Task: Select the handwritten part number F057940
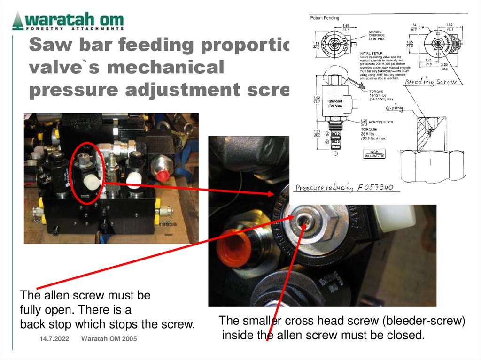tap(375, 188)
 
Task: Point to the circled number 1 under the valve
tap(335, 153)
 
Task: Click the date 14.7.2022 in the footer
tap(51, 339)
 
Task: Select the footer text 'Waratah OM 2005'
tap(109, 339)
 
